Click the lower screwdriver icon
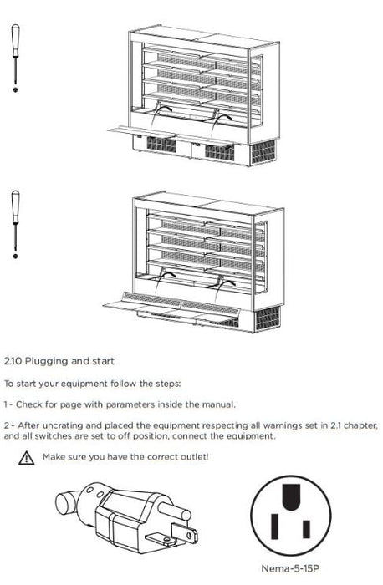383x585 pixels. click(14, 223)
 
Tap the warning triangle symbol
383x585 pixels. click(28, 457)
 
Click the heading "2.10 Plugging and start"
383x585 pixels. click(59, 361)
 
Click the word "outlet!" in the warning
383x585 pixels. click(191, 456)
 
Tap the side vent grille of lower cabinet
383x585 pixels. click(266, 318)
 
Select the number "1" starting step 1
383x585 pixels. click(7, 405)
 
